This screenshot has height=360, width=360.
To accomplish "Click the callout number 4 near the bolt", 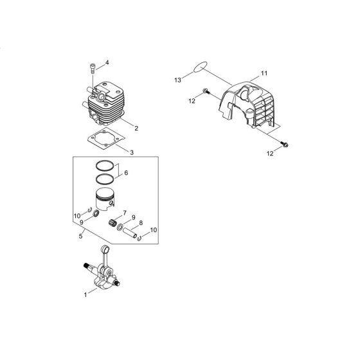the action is pos(107,62).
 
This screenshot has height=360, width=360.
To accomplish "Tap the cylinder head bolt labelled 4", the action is pos(93,68).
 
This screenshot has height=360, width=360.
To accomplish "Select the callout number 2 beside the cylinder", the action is pos(136,129).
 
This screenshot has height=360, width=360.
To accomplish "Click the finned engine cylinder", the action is pos(105,103).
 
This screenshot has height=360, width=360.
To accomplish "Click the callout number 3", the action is pos(132,152).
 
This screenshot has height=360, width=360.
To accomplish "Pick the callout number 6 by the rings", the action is pos(126,173).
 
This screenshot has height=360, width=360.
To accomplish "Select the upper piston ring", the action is pos(105,165).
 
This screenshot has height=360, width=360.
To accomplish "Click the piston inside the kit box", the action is pos(105,199).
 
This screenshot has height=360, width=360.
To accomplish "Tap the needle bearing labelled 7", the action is pos(113,222).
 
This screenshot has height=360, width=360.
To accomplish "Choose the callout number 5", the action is pos(80,236).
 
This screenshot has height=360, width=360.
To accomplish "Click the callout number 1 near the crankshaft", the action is pos(85,295).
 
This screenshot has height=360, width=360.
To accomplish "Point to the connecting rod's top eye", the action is pos(105,249).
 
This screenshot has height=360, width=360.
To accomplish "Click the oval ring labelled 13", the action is pos(201,67).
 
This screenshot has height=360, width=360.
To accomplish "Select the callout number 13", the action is pos(177,80).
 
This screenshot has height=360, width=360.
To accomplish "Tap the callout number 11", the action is pos(264,73).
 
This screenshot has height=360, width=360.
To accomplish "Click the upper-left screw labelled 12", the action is pos(206,91).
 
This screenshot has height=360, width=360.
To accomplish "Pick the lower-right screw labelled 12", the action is pos(284,144).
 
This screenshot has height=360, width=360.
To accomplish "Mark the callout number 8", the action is pos(141,222).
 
